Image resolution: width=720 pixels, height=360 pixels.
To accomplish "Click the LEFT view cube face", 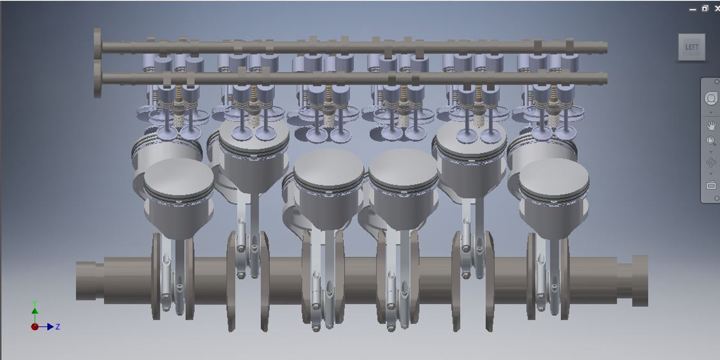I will (691, 47).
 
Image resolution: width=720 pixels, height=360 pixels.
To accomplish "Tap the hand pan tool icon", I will (711, 125).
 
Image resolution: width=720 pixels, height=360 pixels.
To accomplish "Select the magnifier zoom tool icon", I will (711, 141).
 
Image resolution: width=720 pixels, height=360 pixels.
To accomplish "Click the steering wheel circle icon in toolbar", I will (711, 99).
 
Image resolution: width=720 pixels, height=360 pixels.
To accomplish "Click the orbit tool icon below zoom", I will (711, 163).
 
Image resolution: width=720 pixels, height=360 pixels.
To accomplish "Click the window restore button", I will (705, 8).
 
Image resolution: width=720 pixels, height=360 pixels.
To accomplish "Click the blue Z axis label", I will (58, 327).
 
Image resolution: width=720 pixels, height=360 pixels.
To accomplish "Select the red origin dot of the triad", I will (34, 327).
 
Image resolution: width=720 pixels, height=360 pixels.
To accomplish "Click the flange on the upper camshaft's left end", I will (97, 44).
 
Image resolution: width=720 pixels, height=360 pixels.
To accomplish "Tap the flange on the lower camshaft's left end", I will (97, 79).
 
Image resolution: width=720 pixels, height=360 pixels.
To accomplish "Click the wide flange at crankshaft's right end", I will (640, 280).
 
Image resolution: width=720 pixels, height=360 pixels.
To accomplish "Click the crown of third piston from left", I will (328, 167).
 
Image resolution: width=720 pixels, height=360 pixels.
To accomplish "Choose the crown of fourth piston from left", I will (403, 167).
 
